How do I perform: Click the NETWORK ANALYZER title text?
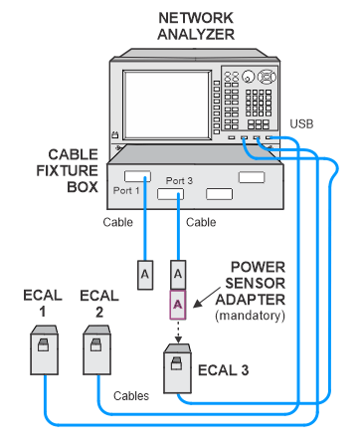pyautogui.click(x=196, y=26)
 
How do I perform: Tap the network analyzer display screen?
pyautogui.click(x=167, y=105)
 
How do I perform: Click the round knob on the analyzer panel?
pyautogui.click(x=248, y=77)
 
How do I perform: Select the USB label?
pyautogui.click(x=301, y=123)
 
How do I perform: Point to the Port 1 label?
pyautogui.click(x=126, y=190)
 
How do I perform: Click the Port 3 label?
pyautogui.click(x=179, y=180)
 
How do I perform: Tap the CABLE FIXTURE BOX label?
pyautogui.click(x=68, y=170)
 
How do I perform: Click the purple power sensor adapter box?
pyautogui.click(x=178, y=305)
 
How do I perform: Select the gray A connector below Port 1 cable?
pyautogui.click(x=145, y=275)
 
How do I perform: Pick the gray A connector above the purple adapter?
pyautogui.click(x=178, y=275)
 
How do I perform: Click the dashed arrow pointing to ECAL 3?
pyautogui.click(x=178, y=332)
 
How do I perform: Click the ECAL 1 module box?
pyautogui.click(x=45, y=350)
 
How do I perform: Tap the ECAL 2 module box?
pyautogui.click(x=96, y=350)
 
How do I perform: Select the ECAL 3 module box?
pyautogui.click(x=178, y=368)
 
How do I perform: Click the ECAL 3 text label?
pyautogui.click(x=223, y=370)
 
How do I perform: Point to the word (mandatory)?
pyautogui.click(x=250, y=316)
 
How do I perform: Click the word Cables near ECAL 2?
pyautogui.click(x=131, y=395)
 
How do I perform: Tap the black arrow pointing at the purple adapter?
pyautogui.click(x=207, y=298)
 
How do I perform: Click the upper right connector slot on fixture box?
pyautogui.click(x=252, y=177)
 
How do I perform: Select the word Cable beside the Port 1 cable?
pyautogui.click(x=117, y=222)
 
